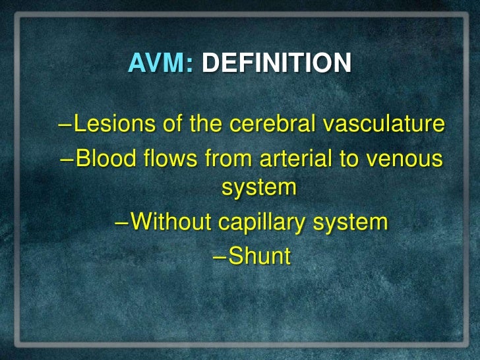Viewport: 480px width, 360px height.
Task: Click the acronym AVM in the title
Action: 156,63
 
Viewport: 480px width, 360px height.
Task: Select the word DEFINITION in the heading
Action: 276,63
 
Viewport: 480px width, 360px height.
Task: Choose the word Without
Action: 167,222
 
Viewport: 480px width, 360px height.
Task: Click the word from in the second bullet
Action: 222,158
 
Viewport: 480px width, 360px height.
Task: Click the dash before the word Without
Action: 121,223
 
